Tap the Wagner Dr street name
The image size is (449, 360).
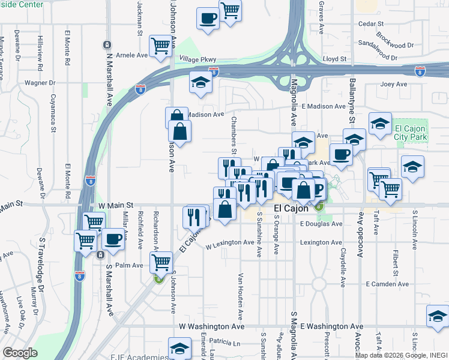point(40,83)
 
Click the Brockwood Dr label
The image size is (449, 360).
point(394,45)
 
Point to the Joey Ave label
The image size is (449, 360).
point(394,85)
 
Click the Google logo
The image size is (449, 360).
point(20,353)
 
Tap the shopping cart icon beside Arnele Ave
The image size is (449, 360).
point(160,46)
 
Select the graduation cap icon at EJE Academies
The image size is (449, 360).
point(179,347)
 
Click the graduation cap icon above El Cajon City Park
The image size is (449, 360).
point(379,124)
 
